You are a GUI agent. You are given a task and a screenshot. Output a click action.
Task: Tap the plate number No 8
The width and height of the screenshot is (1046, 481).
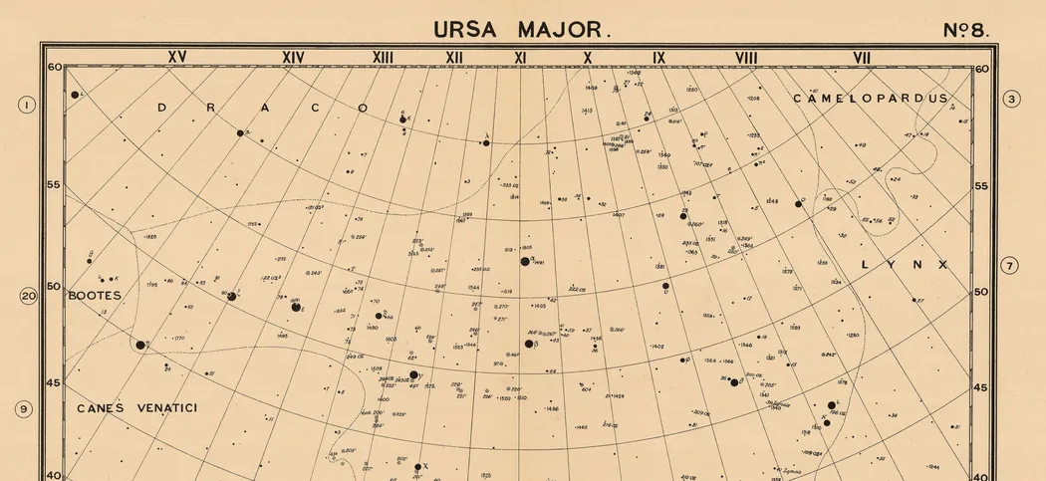[965, 30]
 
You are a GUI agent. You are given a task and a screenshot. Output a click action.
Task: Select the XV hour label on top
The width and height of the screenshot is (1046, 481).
[177, 58]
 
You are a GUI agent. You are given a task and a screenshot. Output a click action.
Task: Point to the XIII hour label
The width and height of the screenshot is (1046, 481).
[384, 58]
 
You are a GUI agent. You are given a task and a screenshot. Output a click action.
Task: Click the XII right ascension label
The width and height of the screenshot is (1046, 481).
[454, 58]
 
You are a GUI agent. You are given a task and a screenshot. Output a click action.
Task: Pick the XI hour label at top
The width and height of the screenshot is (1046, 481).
[520, 58]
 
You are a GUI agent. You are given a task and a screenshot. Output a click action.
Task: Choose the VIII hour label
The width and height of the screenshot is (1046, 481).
[746, 58]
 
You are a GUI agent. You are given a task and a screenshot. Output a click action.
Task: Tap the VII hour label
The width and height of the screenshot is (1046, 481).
[861, 58]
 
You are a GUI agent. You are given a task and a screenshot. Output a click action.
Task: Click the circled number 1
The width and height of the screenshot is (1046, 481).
[28, 105]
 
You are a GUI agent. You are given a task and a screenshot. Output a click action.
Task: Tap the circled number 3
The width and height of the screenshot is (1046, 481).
[1012, 99]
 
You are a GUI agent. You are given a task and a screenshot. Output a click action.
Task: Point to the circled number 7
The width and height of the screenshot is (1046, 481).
[1010, 266]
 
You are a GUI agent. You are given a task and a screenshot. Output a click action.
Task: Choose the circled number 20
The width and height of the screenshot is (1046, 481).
[28, 296]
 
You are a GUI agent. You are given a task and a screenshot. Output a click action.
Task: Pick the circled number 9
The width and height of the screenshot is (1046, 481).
[25, 408]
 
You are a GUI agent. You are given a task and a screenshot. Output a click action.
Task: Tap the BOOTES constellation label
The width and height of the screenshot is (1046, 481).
[95, 296]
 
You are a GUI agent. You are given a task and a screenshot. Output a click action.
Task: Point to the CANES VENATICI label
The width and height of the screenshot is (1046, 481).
[138, 408]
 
